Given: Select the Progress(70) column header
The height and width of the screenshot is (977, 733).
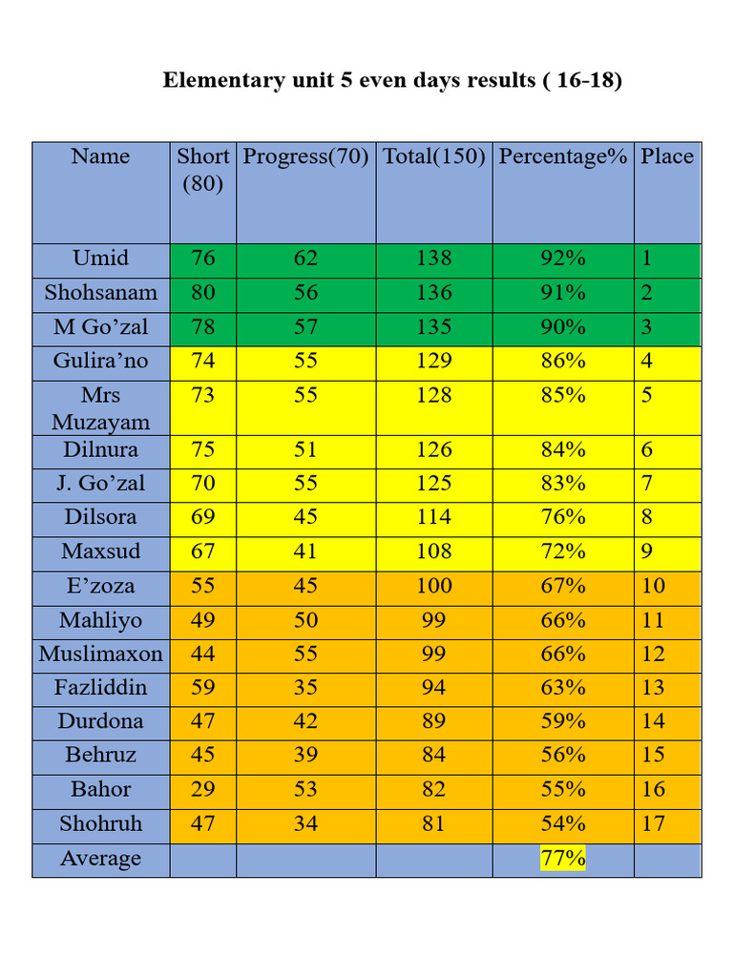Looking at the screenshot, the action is (305, 156).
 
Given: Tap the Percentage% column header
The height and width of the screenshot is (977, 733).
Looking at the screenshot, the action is (563, 156).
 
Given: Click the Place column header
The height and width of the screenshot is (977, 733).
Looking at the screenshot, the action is (667, 156).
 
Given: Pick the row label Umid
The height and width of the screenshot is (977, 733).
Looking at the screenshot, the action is (100, 258).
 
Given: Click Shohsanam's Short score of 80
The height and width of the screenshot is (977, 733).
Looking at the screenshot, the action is (203, 292).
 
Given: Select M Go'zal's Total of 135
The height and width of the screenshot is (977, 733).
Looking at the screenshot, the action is (434, 326).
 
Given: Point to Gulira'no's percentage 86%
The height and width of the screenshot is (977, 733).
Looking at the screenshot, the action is (563, 361).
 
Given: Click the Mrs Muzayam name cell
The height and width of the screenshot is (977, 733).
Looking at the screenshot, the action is (100, 408).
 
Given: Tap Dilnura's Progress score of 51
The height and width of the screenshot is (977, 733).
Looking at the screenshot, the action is (305, 450).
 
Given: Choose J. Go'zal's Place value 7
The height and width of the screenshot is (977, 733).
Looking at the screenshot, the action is (647, 484).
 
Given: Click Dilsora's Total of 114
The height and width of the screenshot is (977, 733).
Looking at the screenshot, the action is (434, 517).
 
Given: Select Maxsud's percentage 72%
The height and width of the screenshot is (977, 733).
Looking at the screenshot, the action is (563, 551).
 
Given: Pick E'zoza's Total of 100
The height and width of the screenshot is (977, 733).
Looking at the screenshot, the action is (434, 586).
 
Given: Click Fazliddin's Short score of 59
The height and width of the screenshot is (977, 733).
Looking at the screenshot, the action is (203, 687).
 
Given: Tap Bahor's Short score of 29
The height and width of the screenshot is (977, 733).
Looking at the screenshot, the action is (203, 789).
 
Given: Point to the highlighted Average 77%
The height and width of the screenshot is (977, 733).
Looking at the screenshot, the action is (563, 858).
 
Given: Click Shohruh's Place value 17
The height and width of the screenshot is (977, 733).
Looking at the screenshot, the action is (653, 823).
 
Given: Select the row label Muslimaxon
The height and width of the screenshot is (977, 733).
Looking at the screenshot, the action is (100, 654).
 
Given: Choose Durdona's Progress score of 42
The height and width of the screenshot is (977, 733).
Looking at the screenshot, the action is (305, 721).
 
